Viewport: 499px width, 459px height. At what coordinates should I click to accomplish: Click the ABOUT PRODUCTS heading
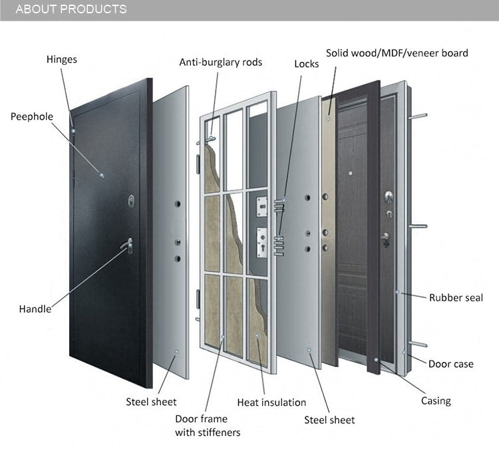click(71, 9)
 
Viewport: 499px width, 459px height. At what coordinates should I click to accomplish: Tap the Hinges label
click(62, 59)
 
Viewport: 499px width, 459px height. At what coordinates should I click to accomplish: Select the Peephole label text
click(31, 116)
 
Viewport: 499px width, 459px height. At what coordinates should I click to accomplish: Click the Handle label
click(35, 309)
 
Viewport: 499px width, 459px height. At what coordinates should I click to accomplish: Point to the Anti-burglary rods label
click(220, 63)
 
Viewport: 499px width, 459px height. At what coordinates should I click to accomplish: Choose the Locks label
click(307, 64)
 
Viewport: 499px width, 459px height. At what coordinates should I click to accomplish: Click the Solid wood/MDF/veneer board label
click(397, 53)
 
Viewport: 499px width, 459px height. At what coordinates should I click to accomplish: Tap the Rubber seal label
click(456, 297)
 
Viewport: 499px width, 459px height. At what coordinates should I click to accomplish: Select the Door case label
click(450, 364)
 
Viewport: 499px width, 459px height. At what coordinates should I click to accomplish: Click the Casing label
click(436, 400)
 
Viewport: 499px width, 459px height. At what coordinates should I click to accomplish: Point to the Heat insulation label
click(271, 402)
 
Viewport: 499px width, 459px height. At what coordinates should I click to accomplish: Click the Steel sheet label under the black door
click(151, 401)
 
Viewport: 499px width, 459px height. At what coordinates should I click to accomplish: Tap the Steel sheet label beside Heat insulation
click(329, 420)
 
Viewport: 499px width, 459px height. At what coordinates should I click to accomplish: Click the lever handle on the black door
click(126, 246)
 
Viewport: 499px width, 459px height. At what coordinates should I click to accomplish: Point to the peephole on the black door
click(102, 176)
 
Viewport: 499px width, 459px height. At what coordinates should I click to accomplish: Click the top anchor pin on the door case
click(418, 116)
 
